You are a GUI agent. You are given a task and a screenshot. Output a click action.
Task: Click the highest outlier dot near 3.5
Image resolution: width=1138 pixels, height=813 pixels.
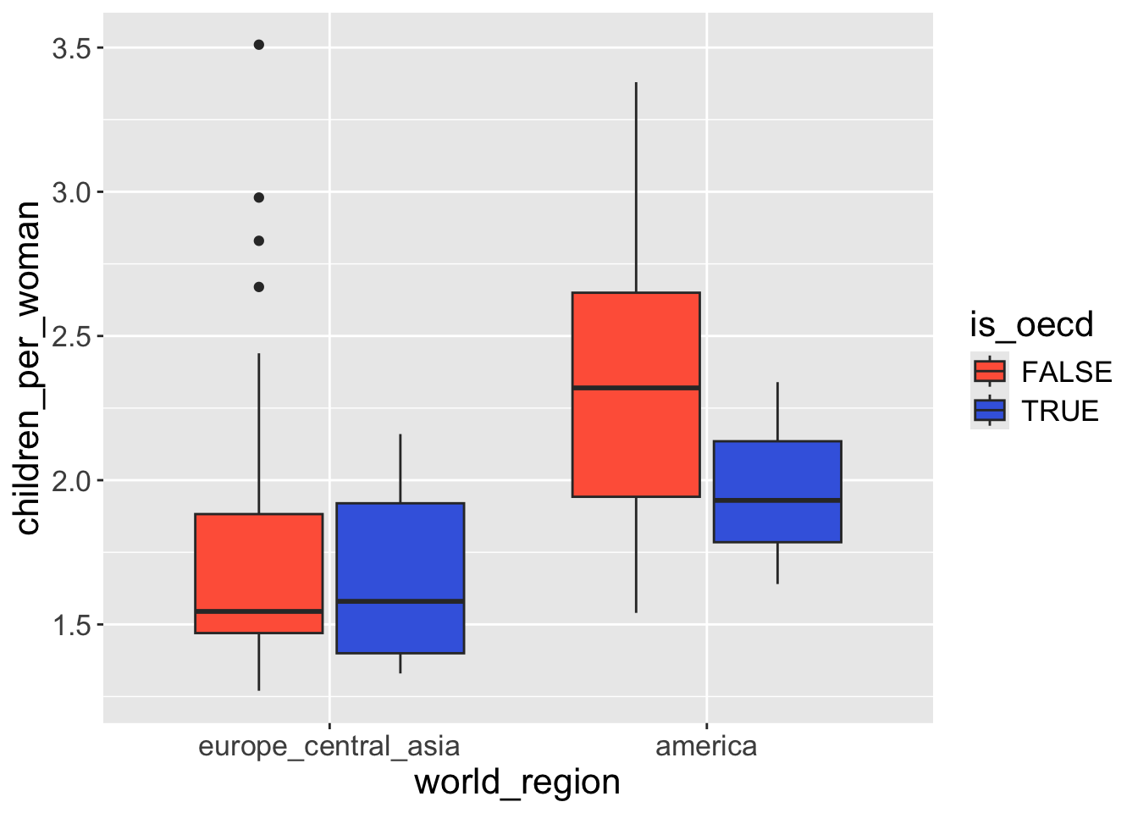coord(259,45)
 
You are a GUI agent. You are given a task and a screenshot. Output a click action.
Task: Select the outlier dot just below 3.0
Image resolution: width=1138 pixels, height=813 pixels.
coord(259,197)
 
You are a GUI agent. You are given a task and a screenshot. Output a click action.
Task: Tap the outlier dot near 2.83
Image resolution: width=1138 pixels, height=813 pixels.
coord(259,241)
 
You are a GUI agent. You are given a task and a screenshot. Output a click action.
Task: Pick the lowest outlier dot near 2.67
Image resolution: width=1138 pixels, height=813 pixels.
coord(259,287)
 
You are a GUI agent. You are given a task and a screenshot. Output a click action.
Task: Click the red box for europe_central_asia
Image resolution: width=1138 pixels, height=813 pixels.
coord(259,559)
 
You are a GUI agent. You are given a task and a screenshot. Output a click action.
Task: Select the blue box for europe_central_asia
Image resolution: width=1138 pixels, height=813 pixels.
coord(400,550)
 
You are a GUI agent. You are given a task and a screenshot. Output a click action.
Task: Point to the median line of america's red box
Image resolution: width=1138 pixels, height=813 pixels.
coord(636,388)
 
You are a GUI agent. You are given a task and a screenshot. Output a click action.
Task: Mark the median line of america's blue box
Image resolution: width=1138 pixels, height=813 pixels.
coord(777,501)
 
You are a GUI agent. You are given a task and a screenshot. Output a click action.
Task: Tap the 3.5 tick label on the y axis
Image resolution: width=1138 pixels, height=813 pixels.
coord(71,48)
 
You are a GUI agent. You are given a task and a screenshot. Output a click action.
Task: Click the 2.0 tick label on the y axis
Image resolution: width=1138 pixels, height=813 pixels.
coord(71,481)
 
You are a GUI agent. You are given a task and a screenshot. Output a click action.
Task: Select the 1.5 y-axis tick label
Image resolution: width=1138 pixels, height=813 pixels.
coord(71,626)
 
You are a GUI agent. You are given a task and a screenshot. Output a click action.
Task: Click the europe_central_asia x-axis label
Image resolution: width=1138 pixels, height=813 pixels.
coord(329,747)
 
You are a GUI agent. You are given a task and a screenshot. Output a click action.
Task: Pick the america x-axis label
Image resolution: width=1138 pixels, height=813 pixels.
coord(706,747)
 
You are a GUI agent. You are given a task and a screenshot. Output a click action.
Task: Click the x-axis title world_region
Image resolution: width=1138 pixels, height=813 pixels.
coord(517,783)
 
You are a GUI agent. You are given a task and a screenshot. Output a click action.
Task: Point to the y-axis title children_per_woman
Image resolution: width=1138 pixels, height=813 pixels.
coord(29,368)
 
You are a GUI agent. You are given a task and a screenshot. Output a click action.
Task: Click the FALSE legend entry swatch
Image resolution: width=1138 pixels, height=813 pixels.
coord(990,372)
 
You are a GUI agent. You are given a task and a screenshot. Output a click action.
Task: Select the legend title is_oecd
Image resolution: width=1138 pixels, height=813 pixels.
coord(1031,325)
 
